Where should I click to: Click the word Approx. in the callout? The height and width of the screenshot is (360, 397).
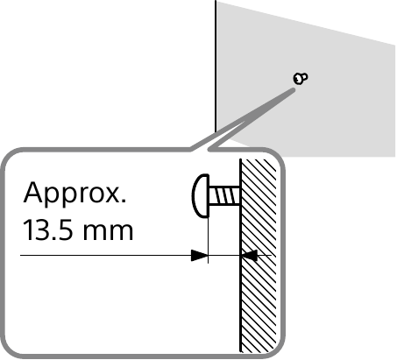tap(74, 193)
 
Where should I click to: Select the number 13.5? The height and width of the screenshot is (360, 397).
tap(47, 230)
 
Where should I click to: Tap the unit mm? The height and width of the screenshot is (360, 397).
tap(108, 233)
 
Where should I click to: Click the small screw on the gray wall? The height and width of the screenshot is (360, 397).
tap(301, 78)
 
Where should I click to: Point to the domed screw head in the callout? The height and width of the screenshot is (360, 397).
tap(201, 195)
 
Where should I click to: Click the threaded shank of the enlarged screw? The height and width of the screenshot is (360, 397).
tap(224, 195)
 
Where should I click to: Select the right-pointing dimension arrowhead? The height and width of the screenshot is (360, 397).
tap(199, 255)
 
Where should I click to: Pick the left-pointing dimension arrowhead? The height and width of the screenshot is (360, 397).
tap(249, 255)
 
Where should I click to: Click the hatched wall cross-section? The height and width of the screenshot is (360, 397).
tap(259, 256)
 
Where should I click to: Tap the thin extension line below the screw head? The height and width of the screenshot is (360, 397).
tap(208, 240)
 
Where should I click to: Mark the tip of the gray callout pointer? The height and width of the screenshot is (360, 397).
tap(294, 89)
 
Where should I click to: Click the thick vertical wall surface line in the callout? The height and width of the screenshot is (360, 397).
tap(240, 256)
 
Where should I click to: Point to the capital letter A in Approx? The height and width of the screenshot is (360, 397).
tap(32, 193)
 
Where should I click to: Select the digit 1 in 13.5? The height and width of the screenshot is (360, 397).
tap(28, 230)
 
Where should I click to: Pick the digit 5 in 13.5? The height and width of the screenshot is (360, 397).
tap(65, 230)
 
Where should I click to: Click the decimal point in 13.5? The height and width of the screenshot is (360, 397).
tap(53, 238)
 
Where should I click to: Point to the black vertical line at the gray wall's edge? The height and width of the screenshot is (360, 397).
tap(216, 67)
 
